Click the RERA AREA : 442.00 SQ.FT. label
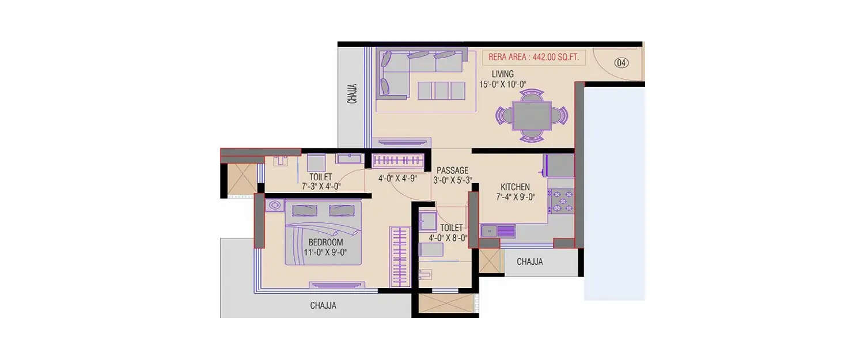click(533, 57)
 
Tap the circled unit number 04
click(621, 63)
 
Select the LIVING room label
click(502, 74)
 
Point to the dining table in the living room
click(531, 115)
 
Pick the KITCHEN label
click(515, 187)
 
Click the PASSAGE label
click(452, 170)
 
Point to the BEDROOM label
click(325, 242)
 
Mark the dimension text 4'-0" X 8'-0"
click(448, 237)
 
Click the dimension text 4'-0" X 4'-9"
click(397, 179)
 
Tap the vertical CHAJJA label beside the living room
click(353, 94)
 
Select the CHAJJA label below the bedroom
click(323, 306)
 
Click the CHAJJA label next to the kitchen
click(529, 262)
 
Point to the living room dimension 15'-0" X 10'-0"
click(502, 84)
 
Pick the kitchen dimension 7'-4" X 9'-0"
click(516, 197)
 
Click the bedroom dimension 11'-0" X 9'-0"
click(325, 252)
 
